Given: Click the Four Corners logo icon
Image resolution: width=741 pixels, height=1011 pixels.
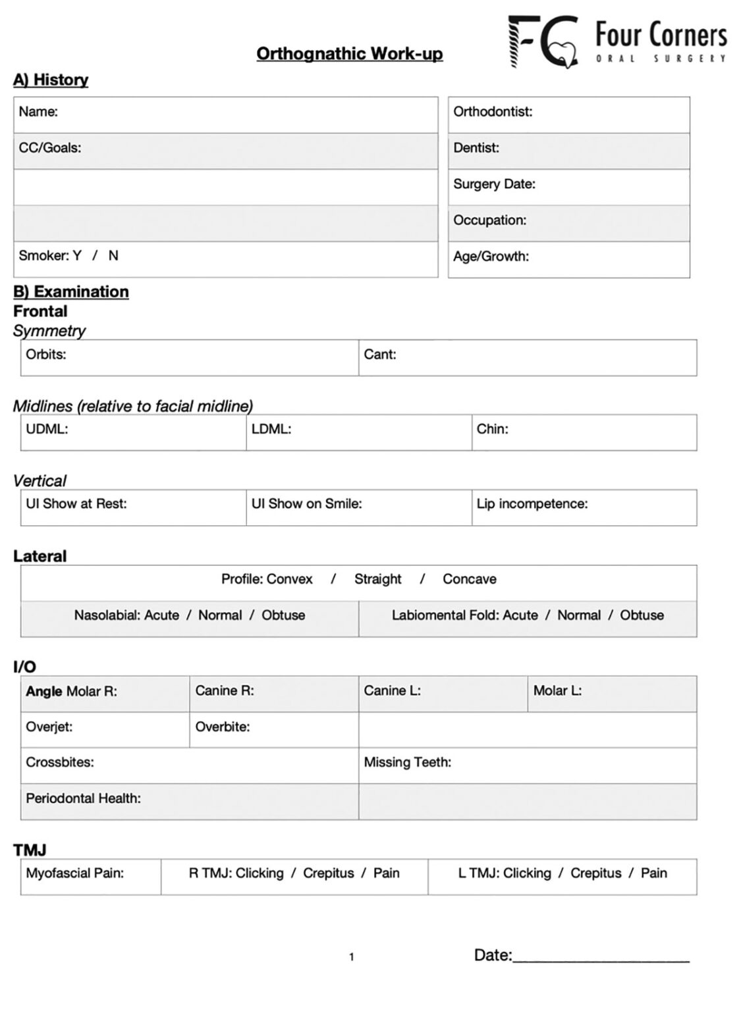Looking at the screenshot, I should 543,41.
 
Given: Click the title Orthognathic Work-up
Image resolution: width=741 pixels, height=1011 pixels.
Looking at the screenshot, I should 349,53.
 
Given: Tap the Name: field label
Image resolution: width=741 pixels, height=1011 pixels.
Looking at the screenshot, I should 38,112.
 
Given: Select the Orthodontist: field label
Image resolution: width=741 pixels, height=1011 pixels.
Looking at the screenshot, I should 493,112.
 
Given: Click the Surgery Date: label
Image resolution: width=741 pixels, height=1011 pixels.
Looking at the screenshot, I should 494,184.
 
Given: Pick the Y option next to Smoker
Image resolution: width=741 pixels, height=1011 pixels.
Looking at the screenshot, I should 77,255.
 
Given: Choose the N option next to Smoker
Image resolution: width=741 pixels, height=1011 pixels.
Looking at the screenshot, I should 113,255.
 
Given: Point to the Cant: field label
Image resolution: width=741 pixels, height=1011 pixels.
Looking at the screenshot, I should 380,354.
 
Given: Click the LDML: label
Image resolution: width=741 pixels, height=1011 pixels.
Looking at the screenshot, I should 271,429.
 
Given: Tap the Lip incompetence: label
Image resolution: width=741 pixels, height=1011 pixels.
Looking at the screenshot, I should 532,504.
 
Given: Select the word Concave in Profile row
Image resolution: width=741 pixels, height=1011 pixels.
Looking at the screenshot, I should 470,579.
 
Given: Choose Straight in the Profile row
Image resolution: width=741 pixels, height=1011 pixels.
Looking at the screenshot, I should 377,579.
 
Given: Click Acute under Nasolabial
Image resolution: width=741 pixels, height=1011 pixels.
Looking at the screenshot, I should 161,615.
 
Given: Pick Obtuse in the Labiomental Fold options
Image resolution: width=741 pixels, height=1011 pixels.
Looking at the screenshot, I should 642,615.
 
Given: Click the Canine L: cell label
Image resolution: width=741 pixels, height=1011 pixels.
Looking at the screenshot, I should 392,691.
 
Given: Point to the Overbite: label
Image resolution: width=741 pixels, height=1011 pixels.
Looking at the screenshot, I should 223,727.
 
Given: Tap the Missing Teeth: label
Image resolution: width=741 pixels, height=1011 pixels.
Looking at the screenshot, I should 408,763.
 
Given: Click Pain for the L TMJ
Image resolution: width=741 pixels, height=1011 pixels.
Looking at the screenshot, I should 653,873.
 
